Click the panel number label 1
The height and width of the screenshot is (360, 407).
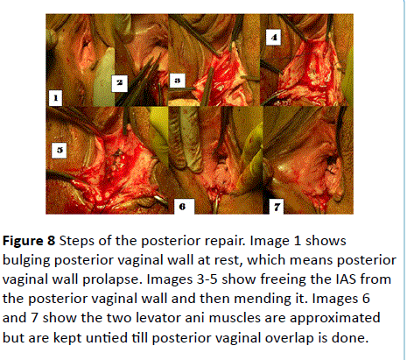point(55,98)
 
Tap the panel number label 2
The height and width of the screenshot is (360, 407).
point(120,83)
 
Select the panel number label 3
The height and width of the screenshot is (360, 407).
point(178,81)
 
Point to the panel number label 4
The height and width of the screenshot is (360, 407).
point(273,37)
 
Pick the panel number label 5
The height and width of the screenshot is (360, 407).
point(60,150)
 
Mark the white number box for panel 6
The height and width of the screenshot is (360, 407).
point(184,207)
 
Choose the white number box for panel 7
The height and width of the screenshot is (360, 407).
point(277,207)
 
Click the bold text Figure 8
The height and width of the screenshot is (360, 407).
point(29,241)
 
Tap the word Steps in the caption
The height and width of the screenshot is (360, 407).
point(77,242)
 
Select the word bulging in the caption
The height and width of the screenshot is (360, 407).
point(27,261)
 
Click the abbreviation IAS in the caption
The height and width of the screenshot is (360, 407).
point(346,279)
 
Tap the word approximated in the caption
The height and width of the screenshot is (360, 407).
point(334,319)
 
